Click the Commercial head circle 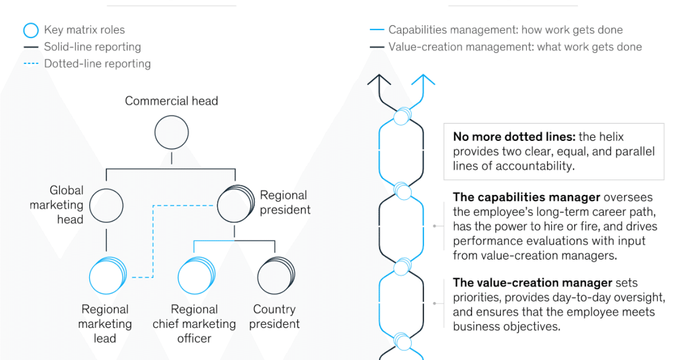171,132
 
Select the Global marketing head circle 106,205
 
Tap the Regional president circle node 235,203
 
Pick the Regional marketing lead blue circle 108,276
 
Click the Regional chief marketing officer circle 197,276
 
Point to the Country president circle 276,276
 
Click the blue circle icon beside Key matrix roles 31,31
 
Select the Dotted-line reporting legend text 97,63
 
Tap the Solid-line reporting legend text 92,47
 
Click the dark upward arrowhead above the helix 379,79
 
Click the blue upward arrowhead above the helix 423,79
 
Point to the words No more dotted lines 514,136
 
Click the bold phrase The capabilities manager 526,197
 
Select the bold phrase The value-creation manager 533,283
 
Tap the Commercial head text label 171,101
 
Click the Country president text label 274,316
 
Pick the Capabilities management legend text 506,30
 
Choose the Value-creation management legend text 515,47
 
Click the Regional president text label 285,203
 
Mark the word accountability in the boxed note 535,166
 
